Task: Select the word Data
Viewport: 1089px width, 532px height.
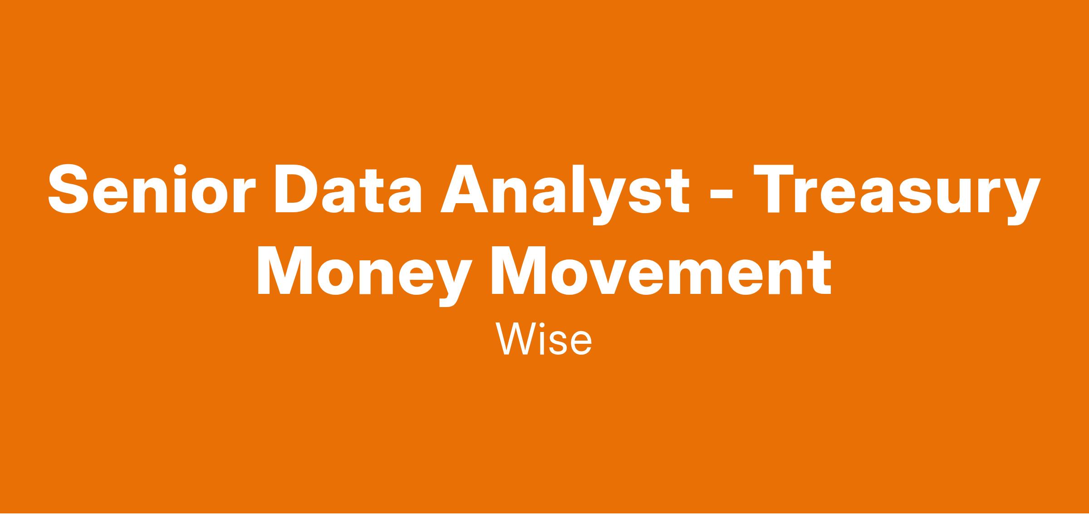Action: (x=348, y=189)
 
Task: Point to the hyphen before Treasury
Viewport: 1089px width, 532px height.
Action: (x=720, y=195)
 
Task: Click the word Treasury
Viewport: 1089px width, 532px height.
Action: (x=897, y=195)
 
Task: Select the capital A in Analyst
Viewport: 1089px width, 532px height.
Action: (x=464, y=189)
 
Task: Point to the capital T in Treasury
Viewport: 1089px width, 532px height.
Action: (x=773, y=189)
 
